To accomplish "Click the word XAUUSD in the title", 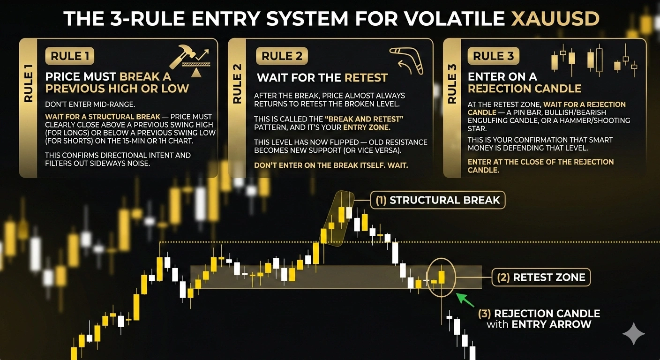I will [555, 18].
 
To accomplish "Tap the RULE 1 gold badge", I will [70, 56].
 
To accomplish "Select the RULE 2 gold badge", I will [282, 56].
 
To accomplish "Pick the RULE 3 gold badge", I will [493, 56].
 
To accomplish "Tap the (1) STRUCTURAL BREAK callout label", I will [437, 200].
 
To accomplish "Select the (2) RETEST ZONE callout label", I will [540, 277].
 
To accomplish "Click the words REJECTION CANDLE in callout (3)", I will [547, 314].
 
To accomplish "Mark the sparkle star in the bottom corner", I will [633, 334].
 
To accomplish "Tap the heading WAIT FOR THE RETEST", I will [322, 78].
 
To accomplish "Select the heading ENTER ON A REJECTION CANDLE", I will [524, 82].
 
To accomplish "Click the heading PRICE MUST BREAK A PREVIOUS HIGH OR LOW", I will [117, 82].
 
